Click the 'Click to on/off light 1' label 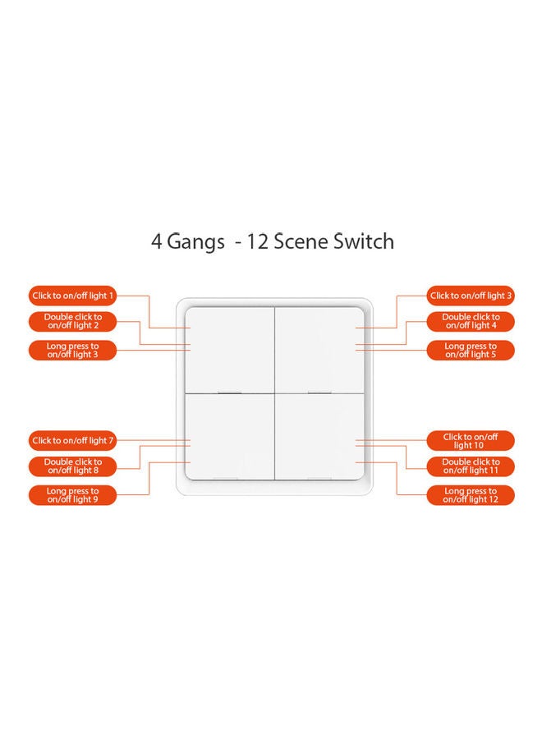pyautogui.click(x=73, y=296)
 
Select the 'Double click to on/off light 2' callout pyautogui.click(x=73, y=321)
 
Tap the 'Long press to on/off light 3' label pyautogui.click(x=73, y=351)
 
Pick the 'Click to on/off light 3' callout pyautogui.click(x=471, y=296)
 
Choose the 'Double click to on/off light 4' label pyautogui.click(x=471, y=321)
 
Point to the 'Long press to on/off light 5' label pyautogui.click(x=471, y=351)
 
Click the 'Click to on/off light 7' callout pyautogui.click(x=73, y=441)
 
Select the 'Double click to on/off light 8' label pyautogui.click(x=73, y=466)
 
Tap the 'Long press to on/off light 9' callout pyautogui.click(x=73, y=495)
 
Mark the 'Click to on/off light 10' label pyautogui.click(x=471, y=441)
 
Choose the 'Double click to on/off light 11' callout pyautogui.click(x=471, y=466)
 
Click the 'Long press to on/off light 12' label pyautogui.click(x=471, y=495)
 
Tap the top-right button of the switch pyautogui.click(x=317, y=350)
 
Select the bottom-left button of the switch pyautogui.click(x=228, y=437)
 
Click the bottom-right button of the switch pyautogui.click(x=317, y=437)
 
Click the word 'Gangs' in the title pyautogui.click(x=195, y=242)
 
